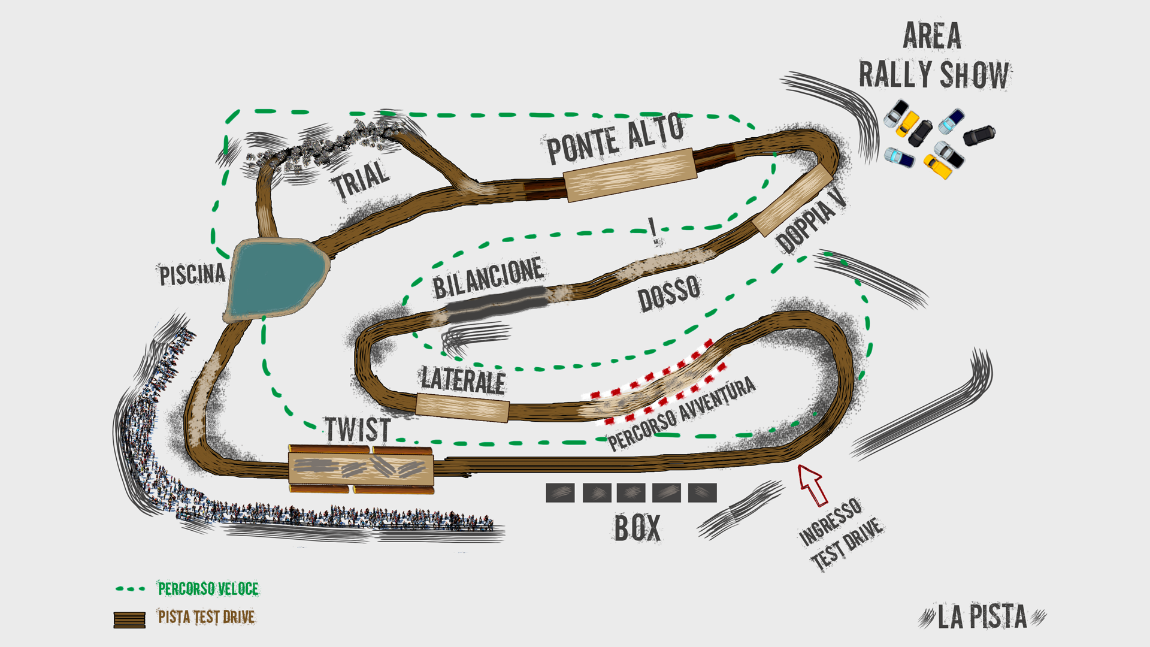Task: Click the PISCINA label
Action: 192,274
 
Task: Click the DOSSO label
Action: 669,293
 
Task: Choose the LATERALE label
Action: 463,380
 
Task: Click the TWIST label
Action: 358,430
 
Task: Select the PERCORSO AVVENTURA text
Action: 682,413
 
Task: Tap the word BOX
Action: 637,528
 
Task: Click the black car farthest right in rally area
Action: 979,135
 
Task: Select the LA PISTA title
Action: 982,617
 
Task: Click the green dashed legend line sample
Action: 131,589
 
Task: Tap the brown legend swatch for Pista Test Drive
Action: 129,619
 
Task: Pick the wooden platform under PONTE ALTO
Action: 630,175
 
